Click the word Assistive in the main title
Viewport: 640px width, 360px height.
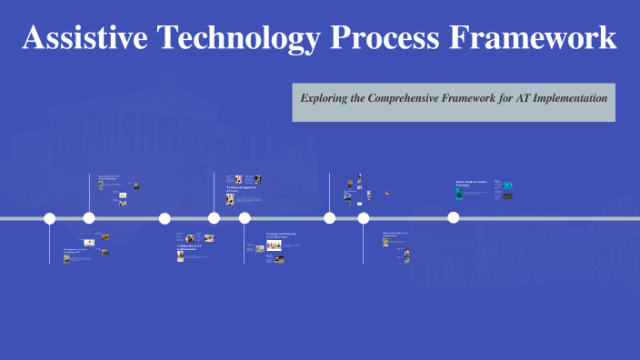tap(86, 38)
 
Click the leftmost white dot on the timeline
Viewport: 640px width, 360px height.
tap(50, 218)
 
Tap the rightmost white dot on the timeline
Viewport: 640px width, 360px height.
tap(454, 217)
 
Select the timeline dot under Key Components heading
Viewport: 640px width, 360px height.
tap(89, 218)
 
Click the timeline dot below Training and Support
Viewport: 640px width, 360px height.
tap(215, 218)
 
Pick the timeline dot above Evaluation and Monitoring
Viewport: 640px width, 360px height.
tap(245, 218)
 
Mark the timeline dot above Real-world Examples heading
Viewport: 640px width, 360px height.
tap(364, 218)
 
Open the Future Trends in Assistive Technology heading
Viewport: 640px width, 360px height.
tap(472, 183)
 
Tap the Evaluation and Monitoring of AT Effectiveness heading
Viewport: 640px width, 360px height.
tap(281, 235)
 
